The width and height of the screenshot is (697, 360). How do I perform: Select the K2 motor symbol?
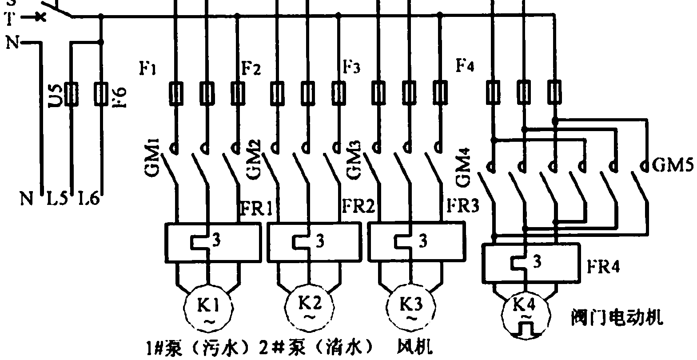click(x=309, y=307)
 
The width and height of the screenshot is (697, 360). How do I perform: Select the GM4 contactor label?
click(x=465, y=169)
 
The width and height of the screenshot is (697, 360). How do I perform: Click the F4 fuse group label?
click(x=465, y=66)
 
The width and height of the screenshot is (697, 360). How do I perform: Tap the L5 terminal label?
click(x=57, y=199)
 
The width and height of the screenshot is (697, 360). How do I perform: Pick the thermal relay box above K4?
click(x=531, y=263)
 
